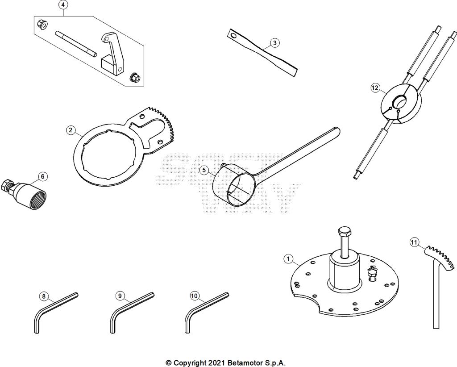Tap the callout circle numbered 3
click(274, 43)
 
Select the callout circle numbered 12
click(375, 88)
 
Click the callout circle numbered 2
click(71, 130)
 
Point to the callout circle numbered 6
click(42, 176)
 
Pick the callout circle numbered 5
click(204, 170)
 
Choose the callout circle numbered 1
click(288, 259)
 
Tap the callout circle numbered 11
click(414, 242)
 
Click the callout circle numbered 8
click(43, 296)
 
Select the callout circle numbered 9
click(119, 296)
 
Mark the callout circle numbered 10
click(194, 296)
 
